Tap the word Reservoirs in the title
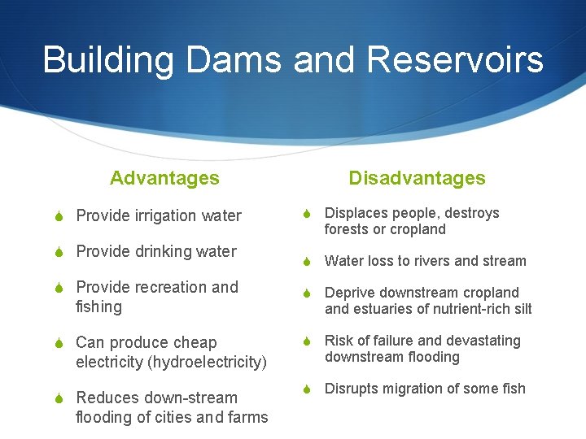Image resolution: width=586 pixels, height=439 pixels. [455, 60]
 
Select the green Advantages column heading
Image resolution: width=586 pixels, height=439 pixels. [164, 178]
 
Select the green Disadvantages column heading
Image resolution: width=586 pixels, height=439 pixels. [417, 178]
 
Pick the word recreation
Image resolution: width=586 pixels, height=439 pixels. [172, 288]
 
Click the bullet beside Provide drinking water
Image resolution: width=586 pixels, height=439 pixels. [59, 252]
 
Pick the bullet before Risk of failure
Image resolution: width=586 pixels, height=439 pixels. [308, 341]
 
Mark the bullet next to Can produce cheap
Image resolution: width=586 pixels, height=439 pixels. [59, 343]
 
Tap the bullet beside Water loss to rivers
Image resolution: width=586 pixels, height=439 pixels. [308, 261]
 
